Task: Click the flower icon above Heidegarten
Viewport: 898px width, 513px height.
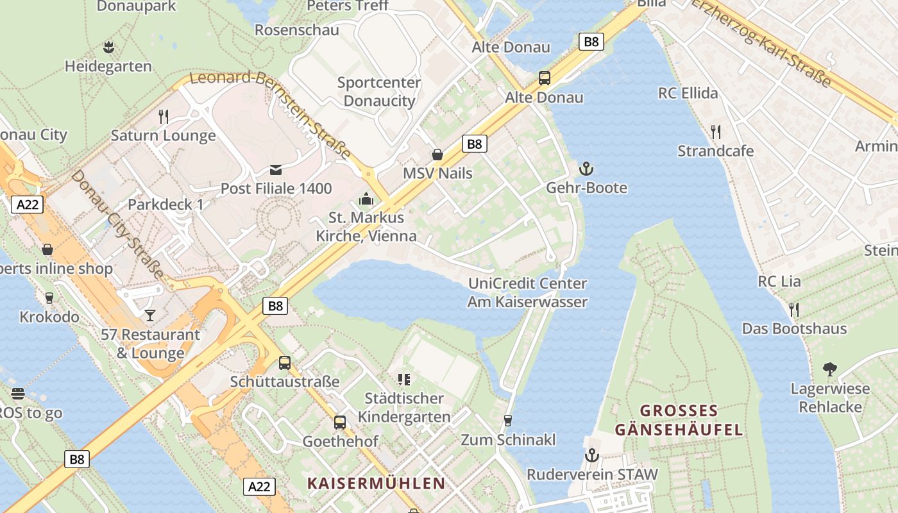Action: pos(108,47)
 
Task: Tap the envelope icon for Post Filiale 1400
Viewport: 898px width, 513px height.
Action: pos(276,169)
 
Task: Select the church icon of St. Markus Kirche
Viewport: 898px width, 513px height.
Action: pos(366,199)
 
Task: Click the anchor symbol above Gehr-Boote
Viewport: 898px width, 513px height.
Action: pos(586,169)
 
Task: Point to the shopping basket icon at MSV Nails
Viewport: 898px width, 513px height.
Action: pos(437,155)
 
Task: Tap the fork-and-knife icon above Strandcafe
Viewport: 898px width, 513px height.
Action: pos(716,132)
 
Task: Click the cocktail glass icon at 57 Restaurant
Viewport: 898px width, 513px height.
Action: pos(150,315)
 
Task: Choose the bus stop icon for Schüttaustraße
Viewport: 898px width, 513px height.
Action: pos(285,363)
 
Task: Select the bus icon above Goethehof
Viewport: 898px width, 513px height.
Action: pos(340,423)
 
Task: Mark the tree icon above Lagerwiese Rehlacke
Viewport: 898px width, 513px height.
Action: pos(830,369)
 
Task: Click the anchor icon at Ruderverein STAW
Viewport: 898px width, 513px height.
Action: pos(591,455)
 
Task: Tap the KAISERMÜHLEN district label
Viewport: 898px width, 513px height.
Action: pos(376,484)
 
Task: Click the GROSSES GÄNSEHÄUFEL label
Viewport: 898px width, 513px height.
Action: pos(679,420)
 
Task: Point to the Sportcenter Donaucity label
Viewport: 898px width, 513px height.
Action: pos(379,92)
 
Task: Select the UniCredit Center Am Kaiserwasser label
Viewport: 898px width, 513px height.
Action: pos(527,292)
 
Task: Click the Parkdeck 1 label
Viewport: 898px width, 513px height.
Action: pos(165,205)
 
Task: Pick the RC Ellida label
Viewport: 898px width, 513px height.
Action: pos(688,94)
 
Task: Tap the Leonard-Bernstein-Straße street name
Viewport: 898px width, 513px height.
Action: pos(273,113)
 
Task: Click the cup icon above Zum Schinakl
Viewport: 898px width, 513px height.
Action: pos(508,421)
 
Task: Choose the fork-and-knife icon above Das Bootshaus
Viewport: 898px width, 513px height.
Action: pos(794,310)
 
